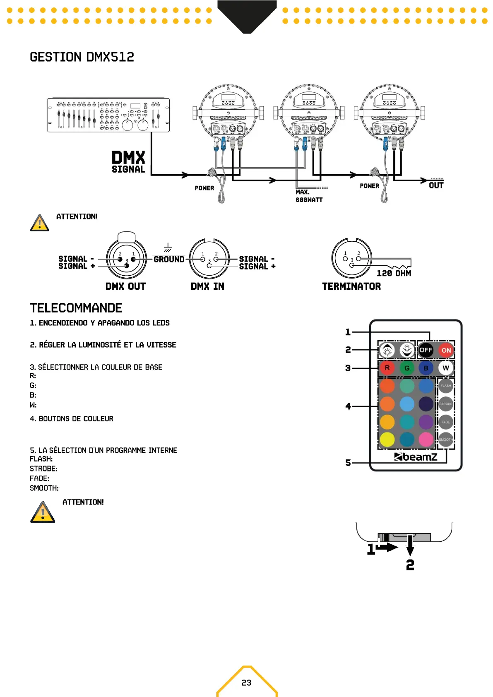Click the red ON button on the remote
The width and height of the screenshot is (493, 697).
[446, 350]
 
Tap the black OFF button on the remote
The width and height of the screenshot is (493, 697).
[426, 350]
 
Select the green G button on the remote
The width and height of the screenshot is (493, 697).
[407, 368]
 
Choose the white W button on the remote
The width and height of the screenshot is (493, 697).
[446, 368]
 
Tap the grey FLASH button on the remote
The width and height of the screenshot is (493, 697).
[446, 386]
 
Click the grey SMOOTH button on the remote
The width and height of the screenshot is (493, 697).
[446, 440]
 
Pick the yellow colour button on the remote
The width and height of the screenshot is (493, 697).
[387, 440]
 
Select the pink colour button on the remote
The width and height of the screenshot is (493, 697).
[426, 440]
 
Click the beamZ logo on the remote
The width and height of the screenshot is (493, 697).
[416, 457]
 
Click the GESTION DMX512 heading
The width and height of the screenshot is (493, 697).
[82, 57]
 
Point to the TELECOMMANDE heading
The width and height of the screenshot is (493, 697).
[76, 308]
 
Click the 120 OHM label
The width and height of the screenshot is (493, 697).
[394, 273]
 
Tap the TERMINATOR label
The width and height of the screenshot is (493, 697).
[351, 286]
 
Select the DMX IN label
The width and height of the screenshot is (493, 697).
[207, 286]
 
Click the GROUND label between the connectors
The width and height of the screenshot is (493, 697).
[169, 260]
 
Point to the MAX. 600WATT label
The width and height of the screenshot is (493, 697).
[309, 196]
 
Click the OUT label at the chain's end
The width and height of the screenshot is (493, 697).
[436, 185]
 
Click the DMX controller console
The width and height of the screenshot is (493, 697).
[108, 115]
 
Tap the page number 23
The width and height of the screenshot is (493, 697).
[246, 683]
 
